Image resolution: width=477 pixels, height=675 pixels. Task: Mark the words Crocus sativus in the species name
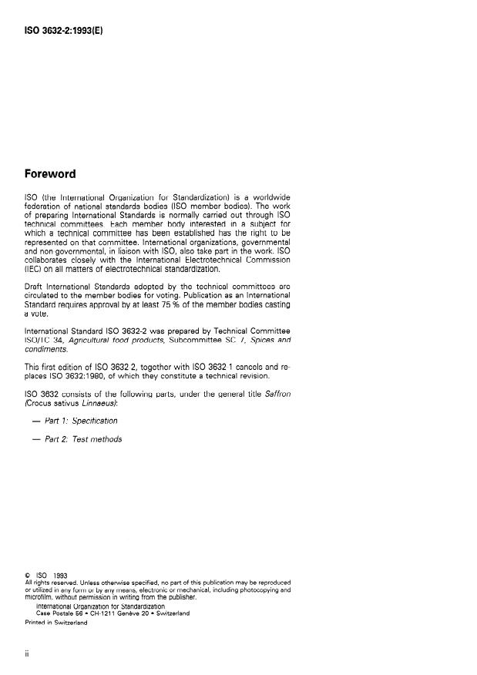(x=55, y=401)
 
